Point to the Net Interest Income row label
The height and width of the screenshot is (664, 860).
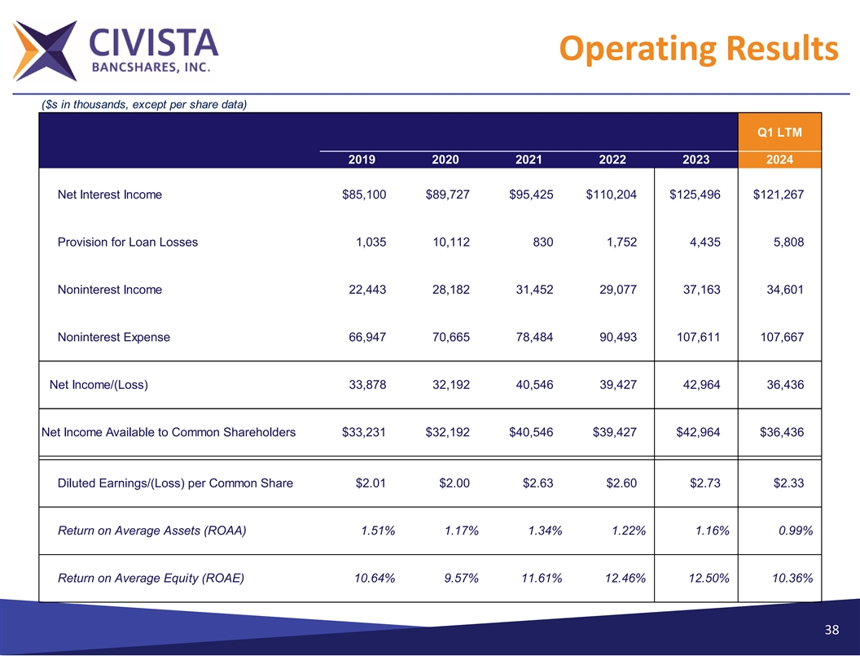click(x=110, y=194)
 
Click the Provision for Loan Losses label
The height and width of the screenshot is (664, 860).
click(x=128, y=242)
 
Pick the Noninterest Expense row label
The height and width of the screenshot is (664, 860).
click(x=114, y=337)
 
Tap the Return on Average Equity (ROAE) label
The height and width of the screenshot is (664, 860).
click(x=151, y=579)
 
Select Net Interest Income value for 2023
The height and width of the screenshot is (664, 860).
click(x=695, y=194)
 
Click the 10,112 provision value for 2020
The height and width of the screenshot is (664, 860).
click(x=447, y=242)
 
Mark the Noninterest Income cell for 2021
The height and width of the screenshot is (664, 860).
click(x=531, y=289)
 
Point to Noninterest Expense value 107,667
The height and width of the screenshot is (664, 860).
click(x=779, y=337)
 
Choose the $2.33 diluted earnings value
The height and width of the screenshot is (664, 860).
click(x=788, y=483)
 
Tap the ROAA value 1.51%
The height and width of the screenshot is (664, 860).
click(x=377, y=531)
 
